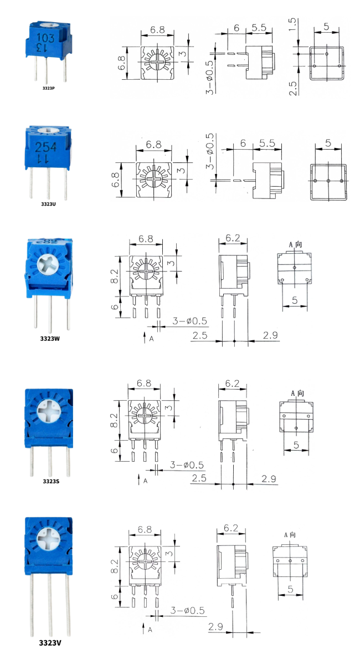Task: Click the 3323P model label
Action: [48, 88]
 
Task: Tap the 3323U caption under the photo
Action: [48, 204]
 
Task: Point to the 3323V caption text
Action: [49, 643]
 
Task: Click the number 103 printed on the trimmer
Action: [45, 38]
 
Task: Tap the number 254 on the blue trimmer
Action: [46, 147]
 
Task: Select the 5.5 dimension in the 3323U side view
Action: [268, 143]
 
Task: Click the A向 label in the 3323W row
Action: [296, 244]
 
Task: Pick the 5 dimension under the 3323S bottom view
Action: [296, 445]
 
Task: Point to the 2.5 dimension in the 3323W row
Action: [201, 335]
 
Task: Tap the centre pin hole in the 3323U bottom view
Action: [328, 181]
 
